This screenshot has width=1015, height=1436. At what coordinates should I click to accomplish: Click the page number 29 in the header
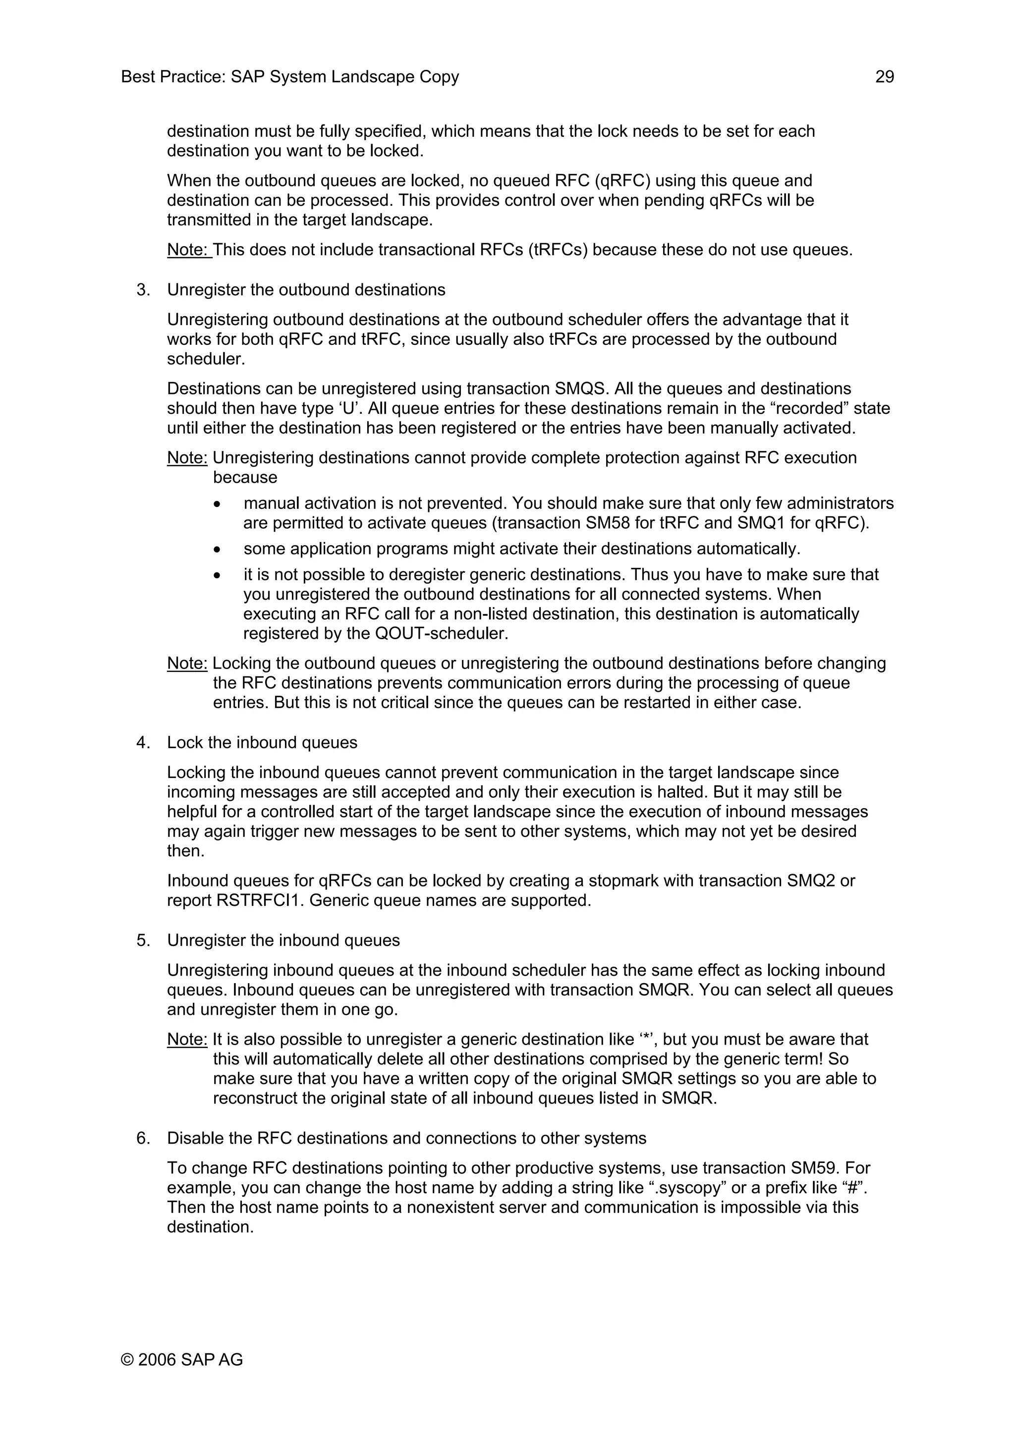884,77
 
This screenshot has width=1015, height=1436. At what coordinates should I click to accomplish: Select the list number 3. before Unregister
143,290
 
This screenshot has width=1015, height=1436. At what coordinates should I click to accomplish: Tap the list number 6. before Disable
143,1138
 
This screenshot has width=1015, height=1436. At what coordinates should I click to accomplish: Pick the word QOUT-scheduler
441,634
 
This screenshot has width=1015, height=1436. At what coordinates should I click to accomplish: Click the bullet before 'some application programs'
217,550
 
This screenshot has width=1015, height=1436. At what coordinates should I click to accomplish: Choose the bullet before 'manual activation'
217,504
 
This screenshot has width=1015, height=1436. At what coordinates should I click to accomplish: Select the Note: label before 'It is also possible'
187,1040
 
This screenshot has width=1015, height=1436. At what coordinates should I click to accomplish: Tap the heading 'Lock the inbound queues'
262,742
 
